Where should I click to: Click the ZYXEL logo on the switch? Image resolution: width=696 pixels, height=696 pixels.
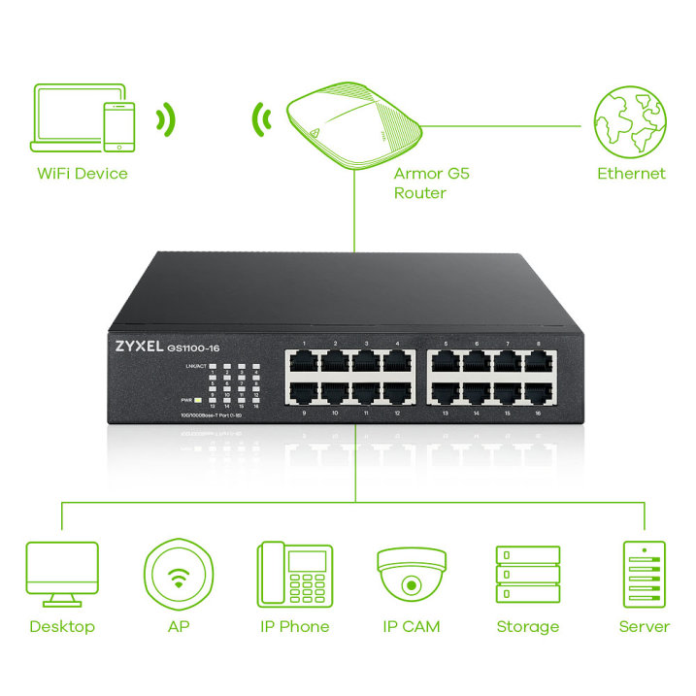(138, 345)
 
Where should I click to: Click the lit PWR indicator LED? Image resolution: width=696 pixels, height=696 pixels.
(197, 400)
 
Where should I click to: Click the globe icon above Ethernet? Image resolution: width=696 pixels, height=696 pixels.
(630, 123)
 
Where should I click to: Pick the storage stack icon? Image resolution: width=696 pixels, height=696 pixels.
(527, 575)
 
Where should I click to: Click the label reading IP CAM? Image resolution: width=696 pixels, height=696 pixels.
(411, 626)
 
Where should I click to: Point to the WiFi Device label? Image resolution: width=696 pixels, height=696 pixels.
(83, 174)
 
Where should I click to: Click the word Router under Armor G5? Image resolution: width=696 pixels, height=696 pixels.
(419, 193)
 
